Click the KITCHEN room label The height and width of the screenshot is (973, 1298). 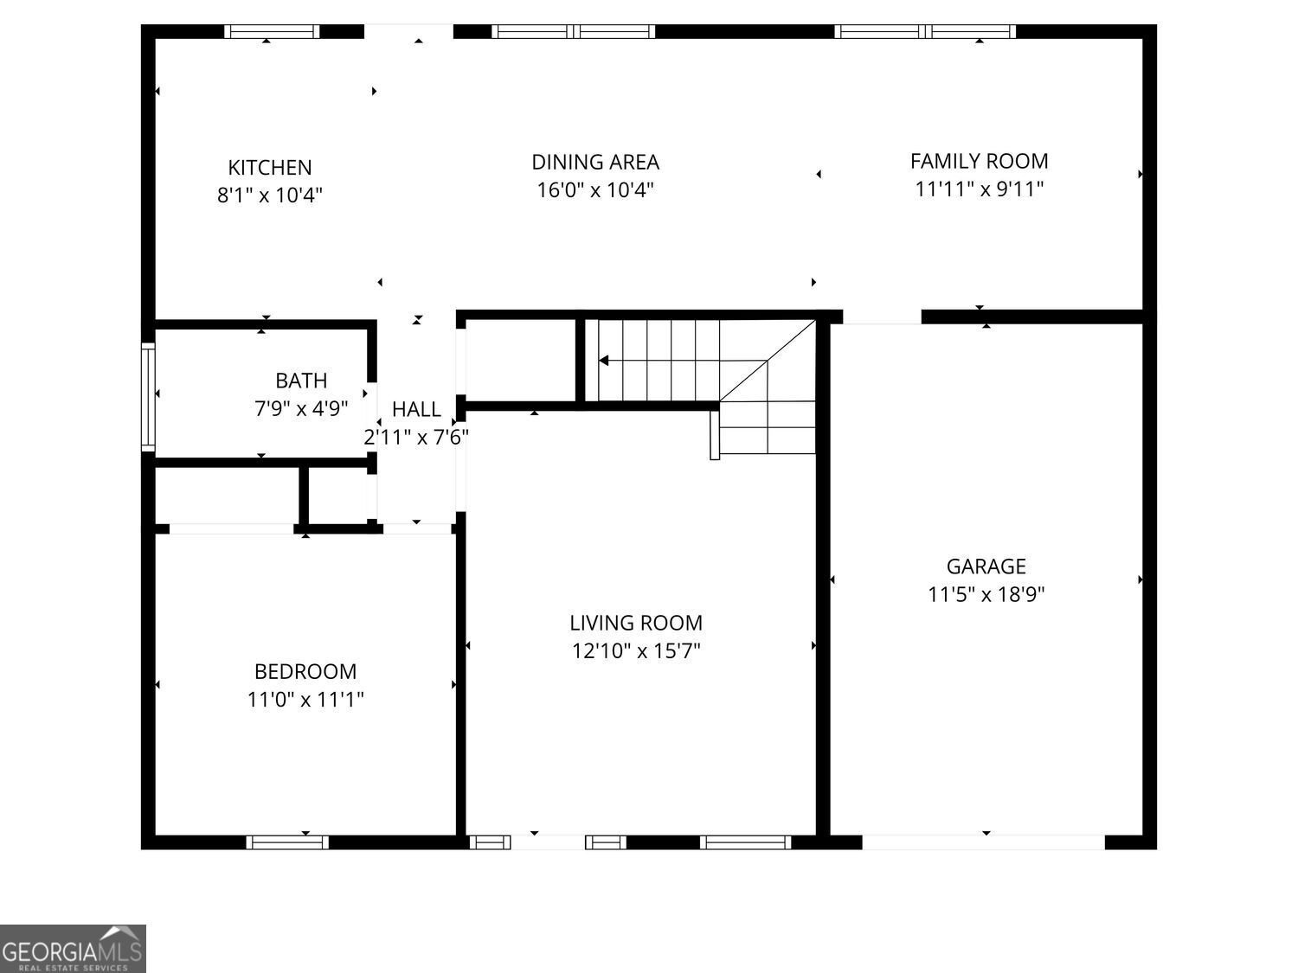pos(269,167)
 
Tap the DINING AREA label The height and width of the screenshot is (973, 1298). pos(595,162)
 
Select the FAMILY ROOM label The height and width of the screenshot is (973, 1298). pos(979,161)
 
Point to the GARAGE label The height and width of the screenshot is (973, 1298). pos(986,567)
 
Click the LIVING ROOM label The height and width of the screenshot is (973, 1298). pos(636,623)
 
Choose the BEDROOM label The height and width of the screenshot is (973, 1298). pos(305,671)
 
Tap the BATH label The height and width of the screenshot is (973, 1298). pos(301,381)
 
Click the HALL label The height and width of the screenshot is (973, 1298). pos(416,409)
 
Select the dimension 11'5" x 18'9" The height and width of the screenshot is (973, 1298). pos(986,594)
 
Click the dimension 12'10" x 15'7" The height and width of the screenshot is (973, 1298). pos(636,650)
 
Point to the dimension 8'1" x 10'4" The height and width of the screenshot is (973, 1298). pos(269,195)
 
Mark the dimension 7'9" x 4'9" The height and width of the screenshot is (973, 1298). pos(301,408)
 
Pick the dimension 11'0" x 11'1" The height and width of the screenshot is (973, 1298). pos(305,699)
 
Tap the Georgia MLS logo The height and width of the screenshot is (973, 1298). pos(73,949)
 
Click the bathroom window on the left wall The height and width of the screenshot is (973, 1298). pos(148,397)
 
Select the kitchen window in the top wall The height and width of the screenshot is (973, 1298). pos(272,32)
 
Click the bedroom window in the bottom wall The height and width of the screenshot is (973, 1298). pos(287,842)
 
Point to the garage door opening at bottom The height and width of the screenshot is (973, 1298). pos(983,842)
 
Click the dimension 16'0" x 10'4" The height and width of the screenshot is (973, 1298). pos(595,189)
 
